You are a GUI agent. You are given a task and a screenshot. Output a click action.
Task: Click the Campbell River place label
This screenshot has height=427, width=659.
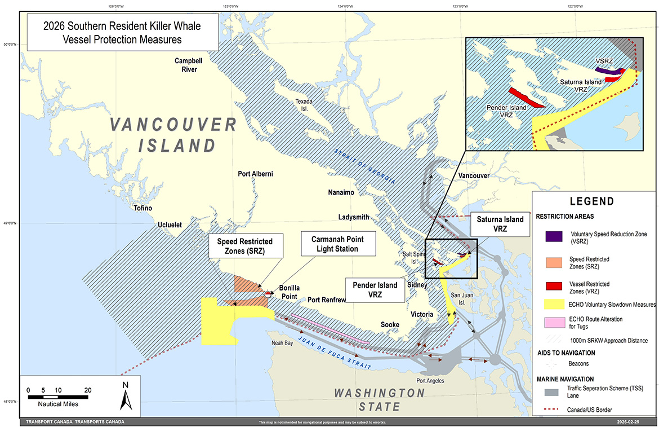coord(185,65)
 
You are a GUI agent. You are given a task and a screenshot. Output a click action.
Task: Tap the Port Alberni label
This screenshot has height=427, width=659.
coord(255,174)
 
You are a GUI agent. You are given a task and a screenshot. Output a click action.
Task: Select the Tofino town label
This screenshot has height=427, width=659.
coord(143,208)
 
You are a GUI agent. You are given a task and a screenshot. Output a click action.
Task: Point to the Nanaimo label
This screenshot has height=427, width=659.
coord(341,192)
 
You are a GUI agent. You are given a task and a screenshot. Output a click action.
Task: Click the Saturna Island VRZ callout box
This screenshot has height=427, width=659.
coord(500,224)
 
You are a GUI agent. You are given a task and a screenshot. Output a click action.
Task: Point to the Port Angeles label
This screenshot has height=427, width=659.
coord(430,381)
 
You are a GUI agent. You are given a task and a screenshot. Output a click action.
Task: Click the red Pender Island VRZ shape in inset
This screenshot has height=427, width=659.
coord(526,98)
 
